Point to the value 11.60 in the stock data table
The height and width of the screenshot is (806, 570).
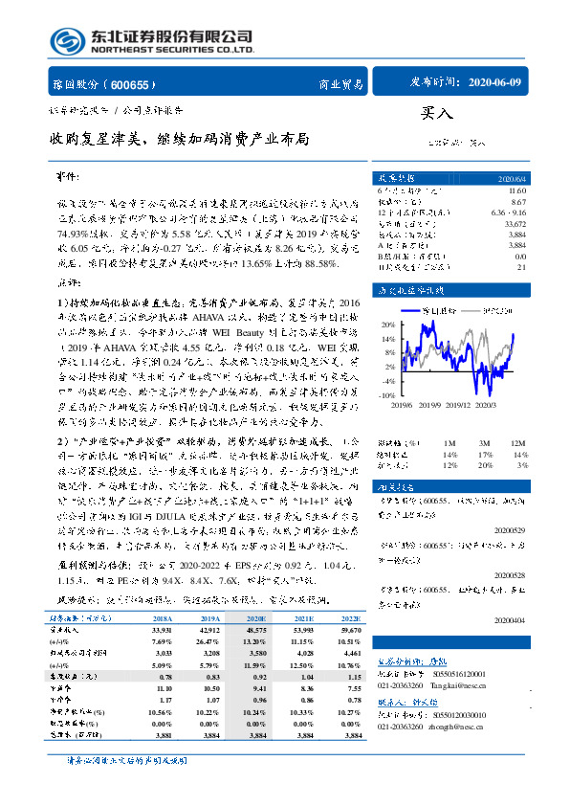516,192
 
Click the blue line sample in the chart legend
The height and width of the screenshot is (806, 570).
414,311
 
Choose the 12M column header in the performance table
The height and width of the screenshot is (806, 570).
518,441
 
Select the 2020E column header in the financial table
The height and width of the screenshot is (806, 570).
258,618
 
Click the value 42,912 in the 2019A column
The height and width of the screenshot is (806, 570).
210,630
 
